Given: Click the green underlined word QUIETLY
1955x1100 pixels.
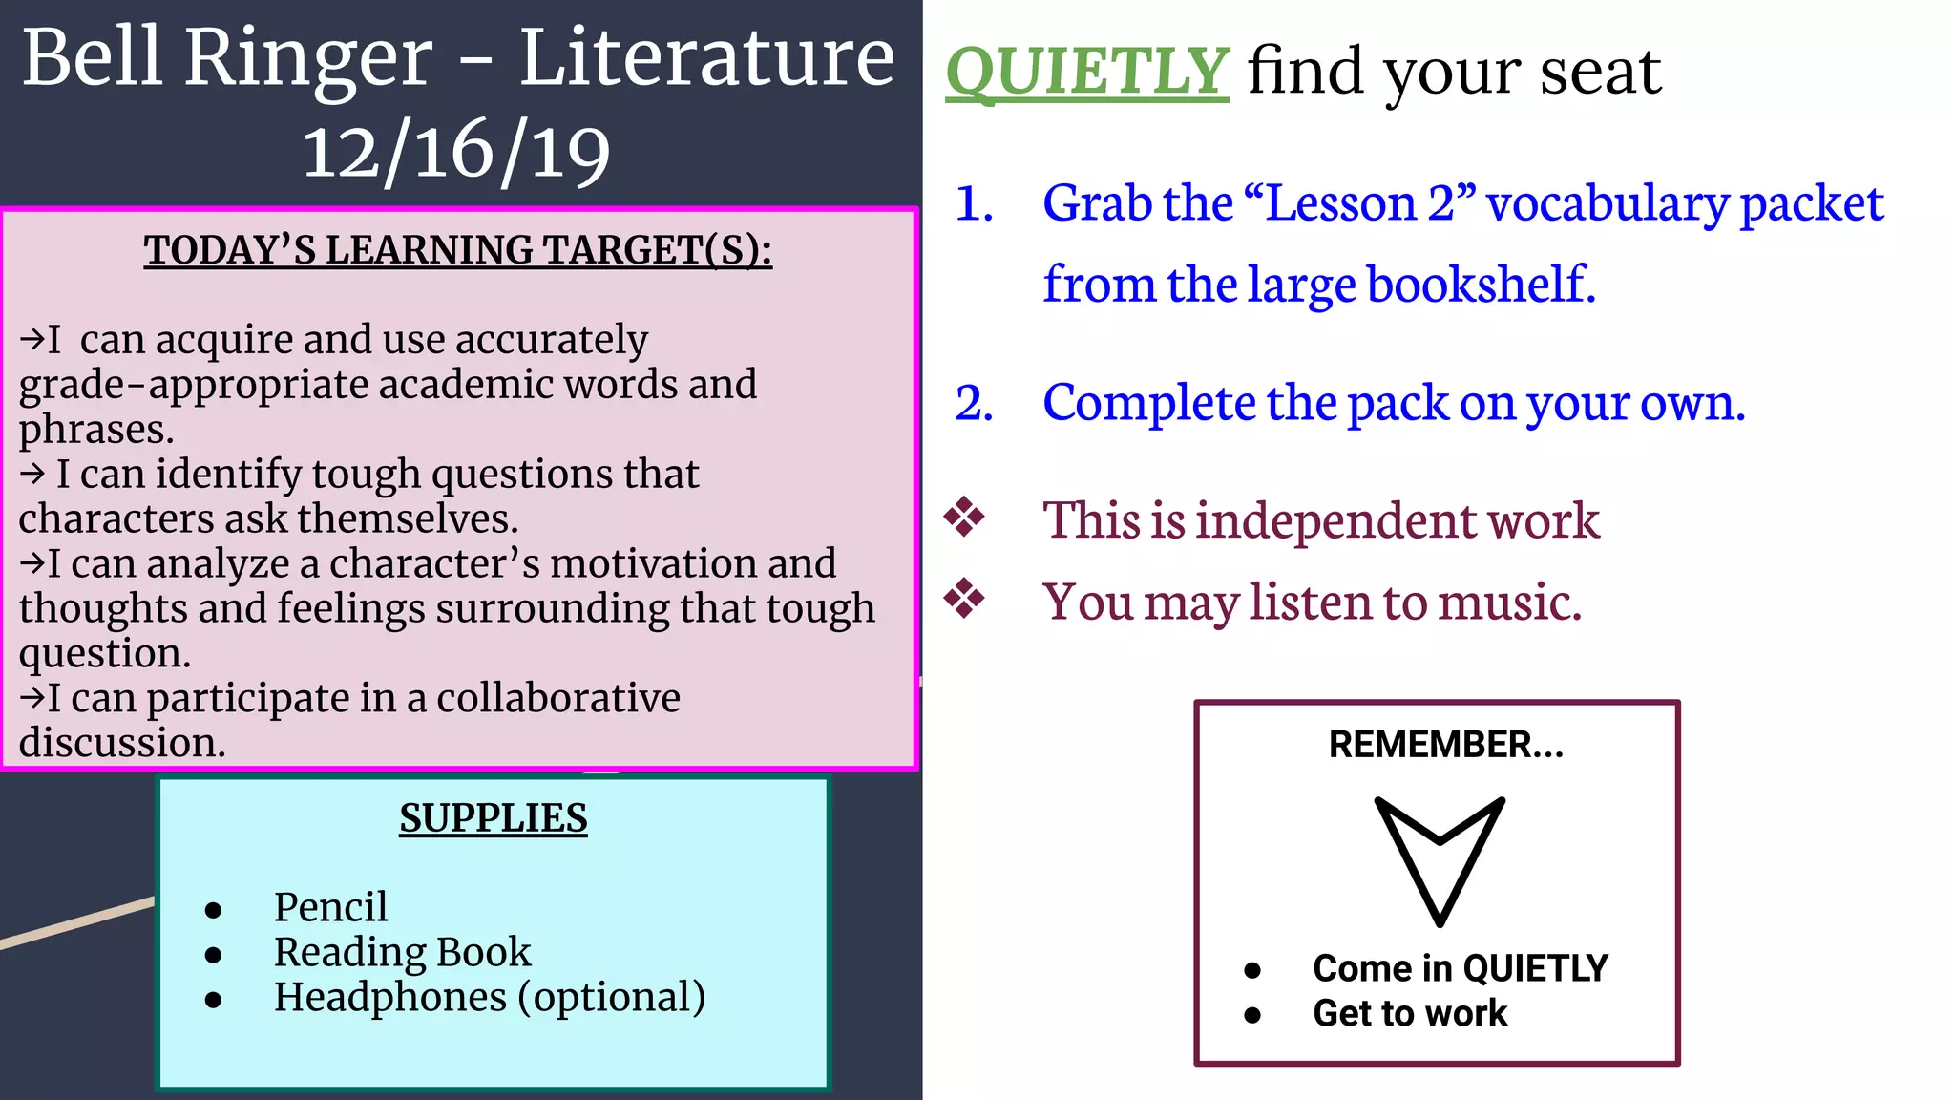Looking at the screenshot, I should pyautogui.click(x=1086, y=72).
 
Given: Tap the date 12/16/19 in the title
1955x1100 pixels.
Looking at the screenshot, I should pyautogui.click(x=456, y=153).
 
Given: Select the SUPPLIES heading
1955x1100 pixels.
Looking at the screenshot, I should pyautogui.click(x=493, y=818).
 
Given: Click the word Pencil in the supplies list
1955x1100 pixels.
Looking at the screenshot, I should pyautogui.click(x=330, y=907).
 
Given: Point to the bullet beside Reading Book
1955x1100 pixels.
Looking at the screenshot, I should pyautogui.click(x=213, y=955).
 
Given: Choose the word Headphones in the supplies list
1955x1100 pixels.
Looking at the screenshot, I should pyautogui.click(x=389, y=997).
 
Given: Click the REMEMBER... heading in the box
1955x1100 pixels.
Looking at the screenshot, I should pyautogui.click(x=1445, y=745).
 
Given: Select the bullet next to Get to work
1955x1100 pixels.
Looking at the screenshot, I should pyautogui.click(x=1252, y=1015).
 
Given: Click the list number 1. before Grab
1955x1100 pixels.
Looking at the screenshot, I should pyautogui.click(x=974, y=204).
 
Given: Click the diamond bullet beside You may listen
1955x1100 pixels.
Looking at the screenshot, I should pyautogui.click(x=964, y=599).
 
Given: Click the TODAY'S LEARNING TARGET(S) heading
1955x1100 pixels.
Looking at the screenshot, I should pyautogui.click(x=457, y=250).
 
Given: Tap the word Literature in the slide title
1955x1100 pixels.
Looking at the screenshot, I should pyautogui.click(x=706, y=59).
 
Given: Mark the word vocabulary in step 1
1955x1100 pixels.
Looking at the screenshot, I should pyautogui.click(x=1608, y=204).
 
